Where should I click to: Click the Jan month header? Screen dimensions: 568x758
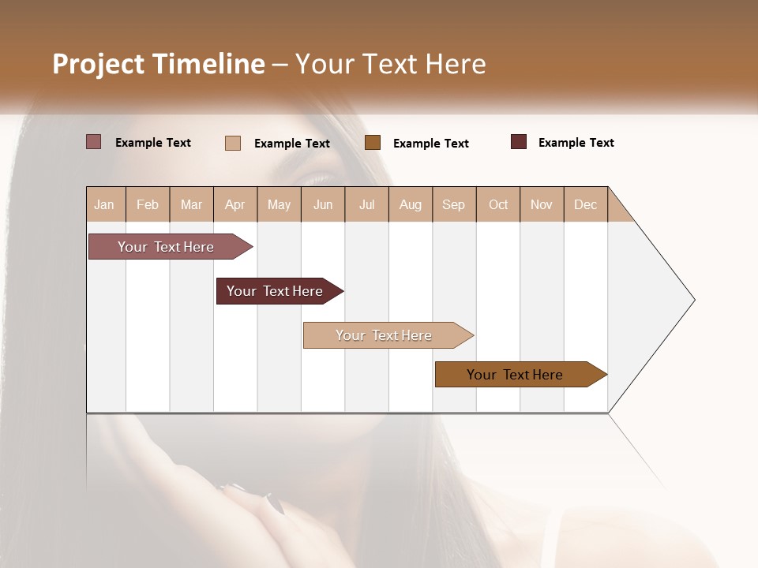click(x=104, y=204)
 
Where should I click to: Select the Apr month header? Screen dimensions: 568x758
click(x=235, y=204)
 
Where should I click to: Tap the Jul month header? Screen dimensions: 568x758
click(x=366, y=204)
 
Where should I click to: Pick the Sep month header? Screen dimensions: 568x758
click(x=453, y=204)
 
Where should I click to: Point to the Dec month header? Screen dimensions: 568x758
click(x=585, y=204)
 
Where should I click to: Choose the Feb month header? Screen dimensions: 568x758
click(x=148, y=204)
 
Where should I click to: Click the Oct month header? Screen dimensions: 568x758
click(x=498, y=204)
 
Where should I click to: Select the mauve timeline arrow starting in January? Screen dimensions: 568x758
click(x=166, y=247)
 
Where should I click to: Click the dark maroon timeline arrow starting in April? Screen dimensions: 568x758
click(x=275, y=291)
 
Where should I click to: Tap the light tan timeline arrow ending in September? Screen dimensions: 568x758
click(x=384, y=335)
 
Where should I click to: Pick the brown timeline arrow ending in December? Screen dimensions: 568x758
click(x=515, y=375)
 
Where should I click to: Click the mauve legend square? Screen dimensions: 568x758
click(x=94, y=142)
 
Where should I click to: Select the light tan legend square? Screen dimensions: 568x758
click(x=233, y=143)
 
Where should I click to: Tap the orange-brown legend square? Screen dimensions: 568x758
click(x=373, y=142)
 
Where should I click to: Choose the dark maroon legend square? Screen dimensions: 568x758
click(x=519, y=142)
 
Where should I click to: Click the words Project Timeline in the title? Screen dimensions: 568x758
click(x=159, y=64)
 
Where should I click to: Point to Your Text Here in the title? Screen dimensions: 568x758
click(x=390, y=64)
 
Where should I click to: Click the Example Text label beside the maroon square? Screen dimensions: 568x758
click(x=576, y=143)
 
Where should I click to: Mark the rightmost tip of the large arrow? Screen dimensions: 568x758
click(x=694, y=300)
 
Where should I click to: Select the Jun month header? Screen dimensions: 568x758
click(x=323, y=204)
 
